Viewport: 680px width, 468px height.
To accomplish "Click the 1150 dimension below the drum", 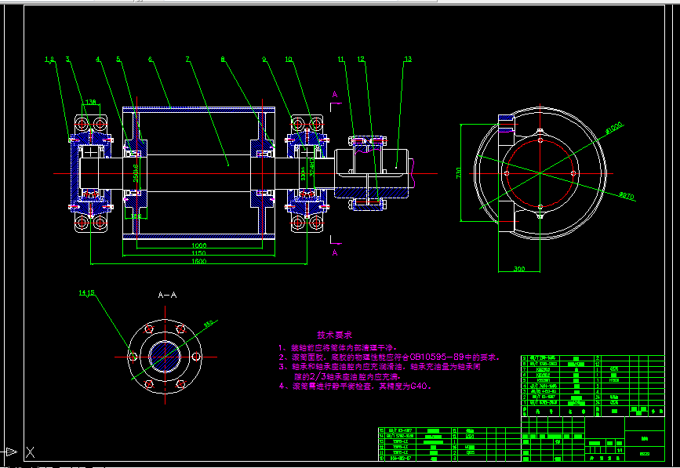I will pyautogui.click(x=198, y=253).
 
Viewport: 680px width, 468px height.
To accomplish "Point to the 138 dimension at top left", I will pyautogui.click(x=90, y=102).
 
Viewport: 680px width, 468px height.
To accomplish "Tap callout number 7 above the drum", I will pyautogui.click(x=187, y=59).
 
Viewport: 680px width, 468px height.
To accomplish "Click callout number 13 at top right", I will pyautogui.click(x=408, y=59).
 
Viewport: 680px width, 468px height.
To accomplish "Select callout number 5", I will pyautogui.click(x=118, y=59).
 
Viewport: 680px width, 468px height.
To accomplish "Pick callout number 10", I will pyautogui.click(x=289, y=59).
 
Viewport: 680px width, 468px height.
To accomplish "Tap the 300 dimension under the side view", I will pyautogui.click(x=518, y=269).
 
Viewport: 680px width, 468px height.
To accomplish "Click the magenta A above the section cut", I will pyautogui.click(x=335, y=94).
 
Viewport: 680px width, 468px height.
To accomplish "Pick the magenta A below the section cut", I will pyautogui.click(x=335, y=253).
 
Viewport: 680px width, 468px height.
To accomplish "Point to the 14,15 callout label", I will pyautogui.click(x=85, y=293).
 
